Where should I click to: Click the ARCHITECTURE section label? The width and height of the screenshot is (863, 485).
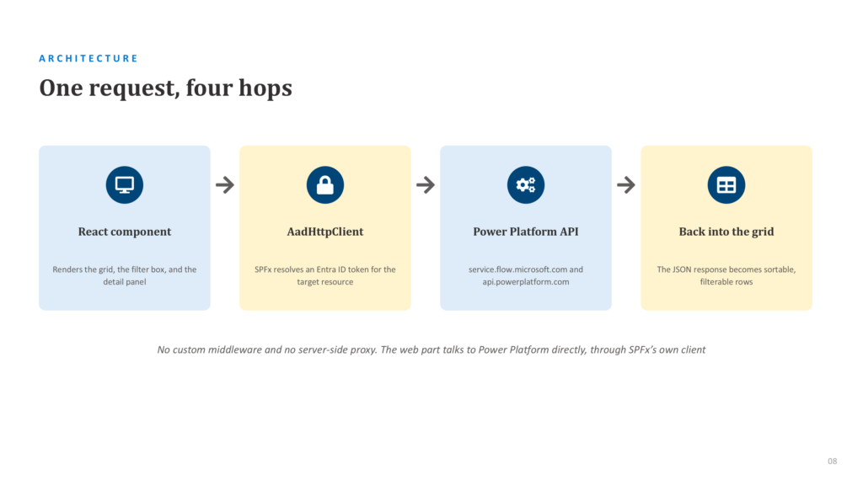pyautogui.click(x=88, y=58)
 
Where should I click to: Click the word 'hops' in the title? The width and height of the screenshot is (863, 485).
pyautogui.click(x=265, y=88)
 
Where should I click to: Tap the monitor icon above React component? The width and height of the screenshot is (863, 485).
pyautogui.click(x=125, y=184)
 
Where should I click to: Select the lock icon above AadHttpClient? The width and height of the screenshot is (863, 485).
pyautogui.click(x=325, y=184)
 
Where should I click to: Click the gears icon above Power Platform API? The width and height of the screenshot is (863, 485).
pyautogui.click(x=526, y=184)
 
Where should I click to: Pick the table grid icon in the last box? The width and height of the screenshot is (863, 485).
pyautogui.click(x=726, y=184)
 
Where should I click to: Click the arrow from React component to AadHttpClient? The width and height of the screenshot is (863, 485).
pyautogui.click(x=224, y=184)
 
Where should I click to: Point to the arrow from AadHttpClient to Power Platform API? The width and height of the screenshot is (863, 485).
pyautogui.click(x=426, y=184)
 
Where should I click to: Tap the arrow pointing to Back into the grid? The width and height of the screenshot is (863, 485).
pyautogui.click(x=626, y=184)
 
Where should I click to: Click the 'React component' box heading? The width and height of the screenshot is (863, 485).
pyautogui.click(x=125, y=232)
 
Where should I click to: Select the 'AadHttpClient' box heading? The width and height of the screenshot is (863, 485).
pyautogui.click(x=325, y=232)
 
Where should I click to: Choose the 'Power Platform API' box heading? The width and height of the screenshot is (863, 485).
pyautogui.click(x=526, y=232)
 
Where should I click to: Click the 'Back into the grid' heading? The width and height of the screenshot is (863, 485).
pyautogui.click(x=726, y=232)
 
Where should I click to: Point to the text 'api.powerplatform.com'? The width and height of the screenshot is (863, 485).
pyautogui.click(x=526, y=282)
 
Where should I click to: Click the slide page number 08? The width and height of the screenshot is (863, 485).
pyautogui.click(x=832, y=461)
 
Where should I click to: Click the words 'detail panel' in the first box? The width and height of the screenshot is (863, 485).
pyautogui.click(x=125, y=282)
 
